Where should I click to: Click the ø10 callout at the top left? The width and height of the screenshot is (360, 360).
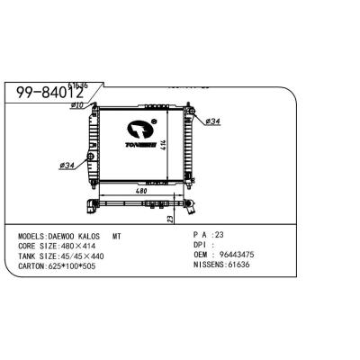click(x=77, y=105)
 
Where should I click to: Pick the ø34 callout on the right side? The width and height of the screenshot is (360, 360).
click(x=214, y=120)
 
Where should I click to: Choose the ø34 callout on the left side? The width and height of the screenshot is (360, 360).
click(x=66, y=165)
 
